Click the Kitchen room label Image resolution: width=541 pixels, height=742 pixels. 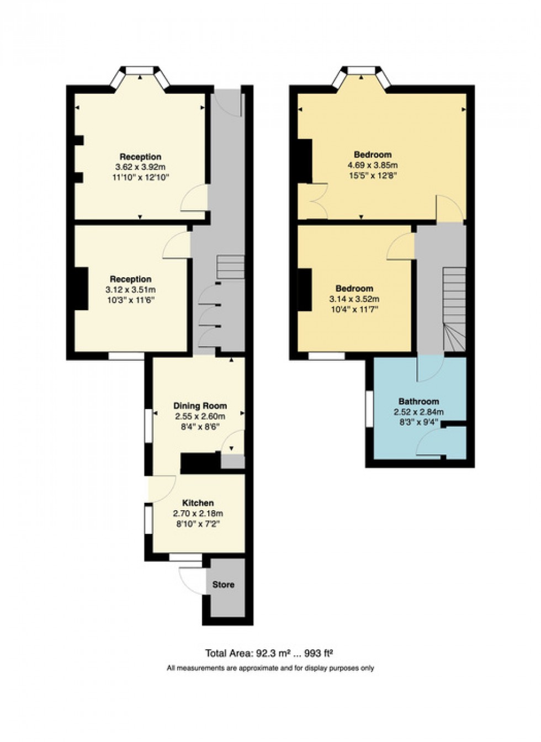click(198, 503)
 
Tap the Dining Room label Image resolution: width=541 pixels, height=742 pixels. click(200, 406)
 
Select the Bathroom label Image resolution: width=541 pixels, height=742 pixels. click(418, 401)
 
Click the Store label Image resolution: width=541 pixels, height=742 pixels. click(224, 585)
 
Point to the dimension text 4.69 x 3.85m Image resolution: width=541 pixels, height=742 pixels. click(373, 165)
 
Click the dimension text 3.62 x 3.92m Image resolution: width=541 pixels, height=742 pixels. click(140, 167)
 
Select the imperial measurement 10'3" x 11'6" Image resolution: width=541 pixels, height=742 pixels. click(130, 300)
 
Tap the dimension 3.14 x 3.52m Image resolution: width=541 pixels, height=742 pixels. click(354, 299)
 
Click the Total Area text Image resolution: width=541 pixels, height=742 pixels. click(269, 654)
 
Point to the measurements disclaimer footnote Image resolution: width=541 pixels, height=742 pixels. click(270, 668)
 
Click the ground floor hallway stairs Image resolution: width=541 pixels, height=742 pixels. click(230, 267)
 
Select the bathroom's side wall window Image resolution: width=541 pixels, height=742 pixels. click(369, 409)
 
